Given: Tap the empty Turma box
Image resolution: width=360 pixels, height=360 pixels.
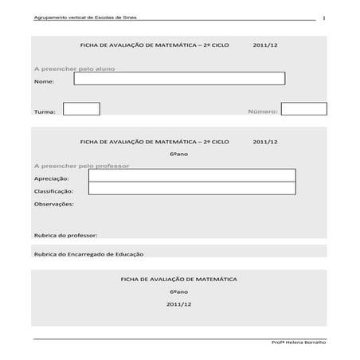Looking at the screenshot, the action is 81,109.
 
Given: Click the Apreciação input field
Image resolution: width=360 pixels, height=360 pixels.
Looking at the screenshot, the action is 191,176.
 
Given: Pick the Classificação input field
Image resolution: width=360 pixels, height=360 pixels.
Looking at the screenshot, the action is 191,190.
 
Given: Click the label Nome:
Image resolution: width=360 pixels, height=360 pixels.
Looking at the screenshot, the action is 45,82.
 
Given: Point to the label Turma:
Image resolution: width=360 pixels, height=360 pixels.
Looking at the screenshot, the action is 45,113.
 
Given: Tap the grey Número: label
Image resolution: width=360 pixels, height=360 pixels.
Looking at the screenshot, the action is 262,112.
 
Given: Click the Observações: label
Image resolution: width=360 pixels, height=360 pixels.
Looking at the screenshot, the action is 53,205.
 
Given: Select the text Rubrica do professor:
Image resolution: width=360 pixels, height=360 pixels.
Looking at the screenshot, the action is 65,236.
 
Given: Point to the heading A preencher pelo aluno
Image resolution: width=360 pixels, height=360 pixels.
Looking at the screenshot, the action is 74,68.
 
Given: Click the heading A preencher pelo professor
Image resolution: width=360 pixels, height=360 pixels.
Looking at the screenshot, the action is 81,166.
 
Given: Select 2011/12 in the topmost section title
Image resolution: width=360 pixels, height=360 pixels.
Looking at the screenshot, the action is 265,45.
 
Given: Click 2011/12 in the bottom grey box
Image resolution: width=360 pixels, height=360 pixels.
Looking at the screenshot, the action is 179,304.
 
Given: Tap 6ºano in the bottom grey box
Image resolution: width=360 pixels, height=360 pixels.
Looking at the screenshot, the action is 179,292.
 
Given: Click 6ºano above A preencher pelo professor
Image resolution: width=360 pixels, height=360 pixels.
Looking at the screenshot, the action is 179,154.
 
